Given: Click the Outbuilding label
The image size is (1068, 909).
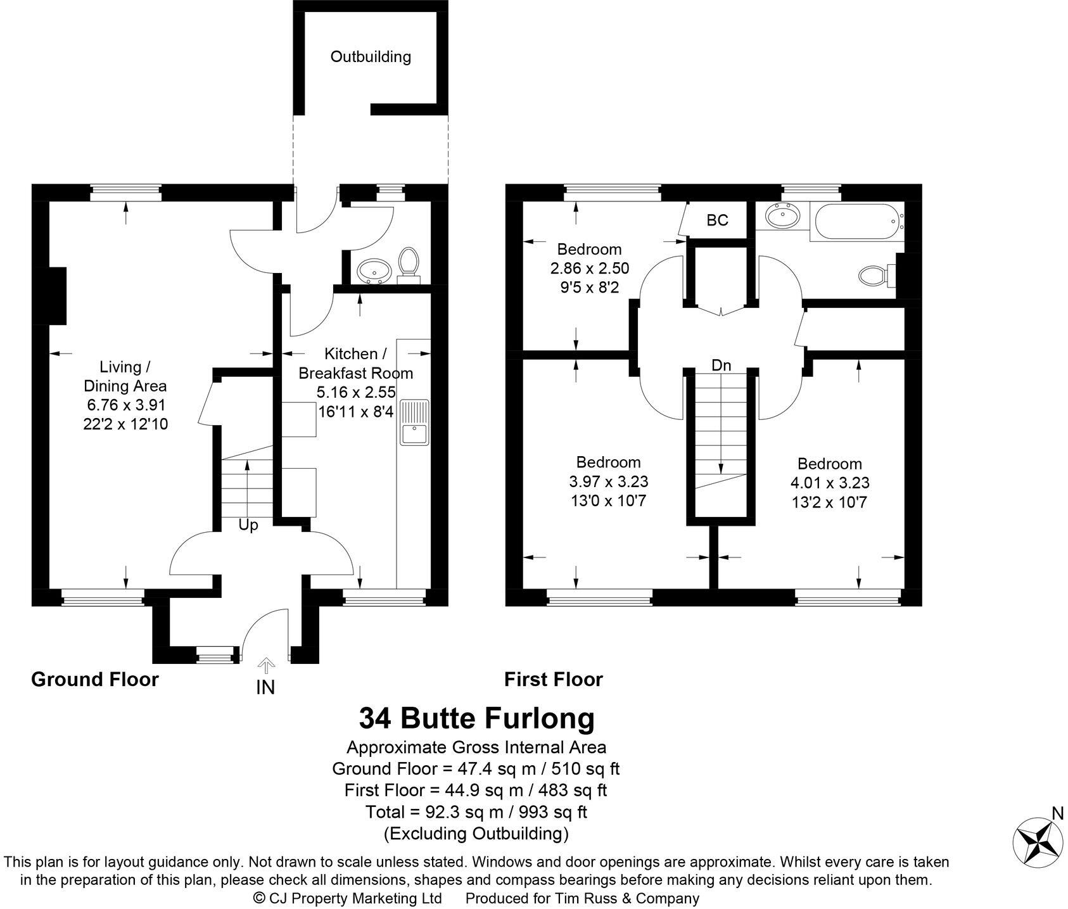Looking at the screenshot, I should pyautogui.click(x=371, y=57).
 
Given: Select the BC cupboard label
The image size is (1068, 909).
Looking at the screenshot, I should pyautogui.click(x=717, y=220).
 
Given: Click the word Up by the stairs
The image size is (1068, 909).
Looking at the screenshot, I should pyautogui.click(x=248, y=526).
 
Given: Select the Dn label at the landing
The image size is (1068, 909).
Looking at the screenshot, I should pyautogui.click(x=721, y=366).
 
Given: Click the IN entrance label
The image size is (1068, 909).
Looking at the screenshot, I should pyautogui.click(x=265, y=687).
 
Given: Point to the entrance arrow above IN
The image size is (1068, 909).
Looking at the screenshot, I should pyautogui.click(x=266, y=665).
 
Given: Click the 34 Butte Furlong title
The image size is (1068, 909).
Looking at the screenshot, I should pyautogui.click(x=476, y=718).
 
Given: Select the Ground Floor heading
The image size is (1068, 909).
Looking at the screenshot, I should pyautogui.click(x=95, y=680).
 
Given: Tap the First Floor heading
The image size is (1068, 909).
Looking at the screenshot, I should pyautogui.click(x=553, y=680).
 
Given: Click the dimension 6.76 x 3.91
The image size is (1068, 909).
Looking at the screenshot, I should pyautogui.click(x=125, y=405).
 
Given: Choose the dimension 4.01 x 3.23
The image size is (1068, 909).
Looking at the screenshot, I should pyautogui.click(x=829, y=483).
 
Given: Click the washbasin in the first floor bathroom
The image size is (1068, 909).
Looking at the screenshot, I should pyautogui.click(x=782, y=218).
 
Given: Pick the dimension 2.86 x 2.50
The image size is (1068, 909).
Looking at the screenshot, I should pyautogui.click(x=589, y=269).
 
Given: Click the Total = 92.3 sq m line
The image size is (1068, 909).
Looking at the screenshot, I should pyautogui.click(x=476, y=811).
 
